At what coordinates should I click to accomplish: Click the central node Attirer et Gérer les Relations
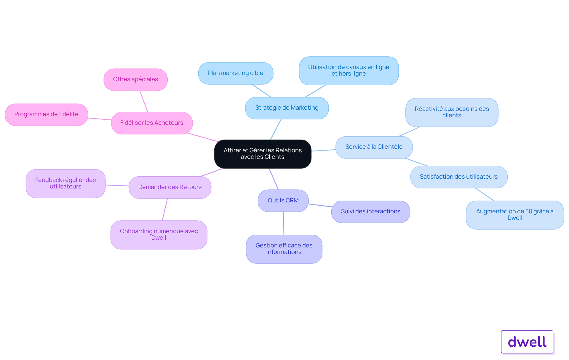click(x=263, y=154)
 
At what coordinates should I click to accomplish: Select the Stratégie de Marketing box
click(x=287, y=108)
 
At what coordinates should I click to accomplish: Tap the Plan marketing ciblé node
click(x=236, y=73)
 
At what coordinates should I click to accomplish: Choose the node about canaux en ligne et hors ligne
click(x=349, y=71)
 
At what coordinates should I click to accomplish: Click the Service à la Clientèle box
click(x=374, y=147)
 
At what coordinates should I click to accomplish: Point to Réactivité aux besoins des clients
click(x=452, y=112)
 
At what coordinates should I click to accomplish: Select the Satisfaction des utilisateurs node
click(x=459, y=177)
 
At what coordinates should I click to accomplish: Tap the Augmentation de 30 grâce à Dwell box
click(x=515, y=215)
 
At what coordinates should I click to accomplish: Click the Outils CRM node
click(x=283, y=201)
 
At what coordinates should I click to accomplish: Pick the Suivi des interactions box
click(x=370, y=212)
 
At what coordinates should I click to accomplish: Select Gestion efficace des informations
click(x=284, y=249)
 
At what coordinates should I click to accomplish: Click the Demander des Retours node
click(x=170, y=187)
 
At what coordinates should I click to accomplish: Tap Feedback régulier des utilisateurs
click(x=65, y=183)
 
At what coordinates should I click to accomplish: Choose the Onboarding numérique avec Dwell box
click(x=159, y=235)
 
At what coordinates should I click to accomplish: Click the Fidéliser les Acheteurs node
click(x=152, y=123)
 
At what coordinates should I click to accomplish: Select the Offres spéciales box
click(x=135, y=79)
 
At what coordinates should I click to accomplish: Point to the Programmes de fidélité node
click(x=47, y=114)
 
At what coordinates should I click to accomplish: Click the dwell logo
click(x=527, y=342)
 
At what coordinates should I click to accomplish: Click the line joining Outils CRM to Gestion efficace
click(x=284, y=223)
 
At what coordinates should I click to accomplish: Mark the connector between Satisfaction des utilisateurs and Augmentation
click(x=485, y=194)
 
